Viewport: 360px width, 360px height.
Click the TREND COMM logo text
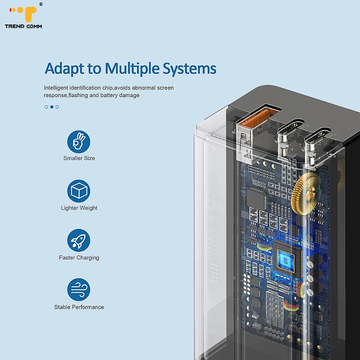coord(23,26)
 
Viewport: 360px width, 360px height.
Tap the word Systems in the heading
coord(189,69)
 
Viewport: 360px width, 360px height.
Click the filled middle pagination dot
coord(52,107)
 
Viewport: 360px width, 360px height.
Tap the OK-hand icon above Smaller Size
coord(79,141)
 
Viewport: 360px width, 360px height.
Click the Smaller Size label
coord(79,158)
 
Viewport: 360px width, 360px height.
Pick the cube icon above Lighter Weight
coord(79,191)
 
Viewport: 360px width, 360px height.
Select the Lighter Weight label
coord(79,208)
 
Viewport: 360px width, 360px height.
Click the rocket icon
coord(79,240)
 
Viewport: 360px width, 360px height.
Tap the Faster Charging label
coord(79,258)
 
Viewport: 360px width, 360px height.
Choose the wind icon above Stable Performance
coord(79,290)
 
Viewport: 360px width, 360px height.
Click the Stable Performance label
coord(79,307)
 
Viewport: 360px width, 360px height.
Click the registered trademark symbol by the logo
coord(41,4)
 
